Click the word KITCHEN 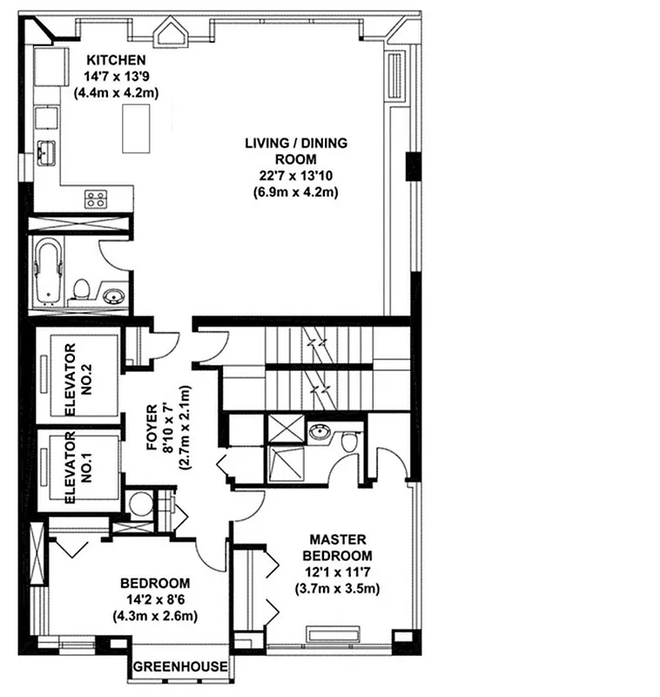[114, 59]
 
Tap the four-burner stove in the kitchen [96, 199]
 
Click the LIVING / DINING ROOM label [291, 151]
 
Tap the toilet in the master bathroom [350, 442]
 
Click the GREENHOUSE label [181, 668]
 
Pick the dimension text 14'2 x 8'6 [155, 599]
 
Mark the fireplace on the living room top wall [171, 35]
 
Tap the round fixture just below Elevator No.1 [138, 504]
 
